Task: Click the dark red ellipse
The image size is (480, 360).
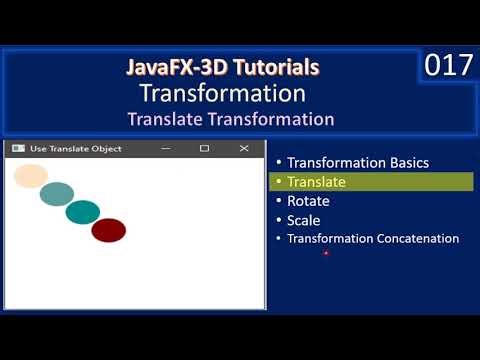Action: [x=108, y=230]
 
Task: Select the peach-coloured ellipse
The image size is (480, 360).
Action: [x=31, y=176]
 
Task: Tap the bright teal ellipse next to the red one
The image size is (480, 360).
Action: [x=83, y=212]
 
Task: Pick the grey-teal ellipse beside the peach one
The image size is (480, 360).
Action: [x=57, y=194]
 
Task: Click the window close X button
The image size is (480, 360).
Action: [x=244, y=149]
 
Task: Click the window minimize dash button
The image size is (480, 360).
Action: [x=168, y=149]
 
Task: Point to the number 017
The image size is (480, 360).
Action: [x=447, y=66]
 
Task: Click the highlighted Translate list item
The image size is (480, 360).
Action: [x=316, y=182]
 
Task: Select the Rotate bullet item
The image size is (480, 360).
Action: [x=308, y=201]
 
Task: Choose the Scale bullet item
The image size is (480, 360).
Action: [x=303, y=220]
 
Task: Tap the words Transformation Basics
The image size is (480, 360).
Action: [x=357, y=163]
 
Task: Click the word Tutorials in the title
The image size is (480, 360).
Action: [x=276, y=68]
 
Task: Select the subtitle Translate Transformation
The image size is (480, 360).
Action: [x=230, y=119]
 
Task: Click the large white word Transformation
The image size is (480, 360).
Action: [x=222, y=94]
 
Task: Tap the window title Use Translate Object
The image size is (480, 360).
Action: [x=76, y=149]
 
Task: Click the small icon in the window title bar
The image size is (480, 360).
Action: [x=17, y=149]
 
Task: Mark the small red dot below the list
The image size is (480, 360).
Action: [x=326, y=254]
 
